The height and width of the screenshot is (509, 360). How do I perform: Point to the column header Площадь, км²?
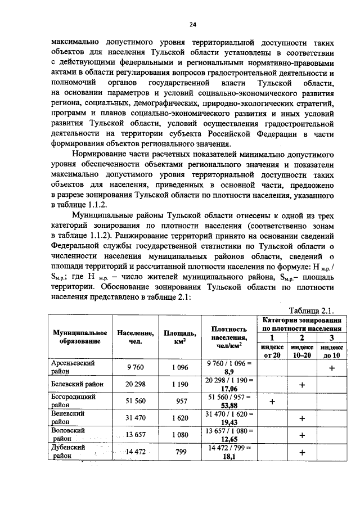pyautogui.click(x=179, y=337)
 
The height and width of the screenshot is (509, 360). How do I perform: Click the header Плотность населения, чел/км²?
pyautogui.click(x=229, y=337)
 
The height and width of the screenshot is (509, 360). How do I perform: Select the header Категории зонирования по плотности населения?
pyautogui.click(x=303, y=323)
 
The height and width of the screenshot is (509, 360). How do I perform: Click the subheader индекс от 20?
pyautogui.click(x=273, y=351)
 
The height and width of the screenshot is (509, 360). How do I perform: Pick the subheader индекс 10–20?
pyautogui.click(x=302, y=351)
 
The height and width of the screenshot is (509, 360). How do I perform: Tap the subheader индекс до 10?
pyautogui.click(x=331, y=351)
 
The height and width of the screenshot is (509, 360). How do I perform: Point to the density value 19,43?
pyautogui.click(x=229, y=422)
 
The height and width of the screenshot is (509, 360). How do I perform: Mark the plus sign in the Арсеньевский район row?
pyautogui.click(x=331, y=368)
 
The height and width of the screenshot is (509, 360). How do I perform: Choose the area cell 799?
pyautogui.click(x=179, y=452)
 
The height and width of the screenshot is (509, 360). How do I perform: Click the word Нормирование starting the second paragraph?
pyautogui.click(x=102, y=151)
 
